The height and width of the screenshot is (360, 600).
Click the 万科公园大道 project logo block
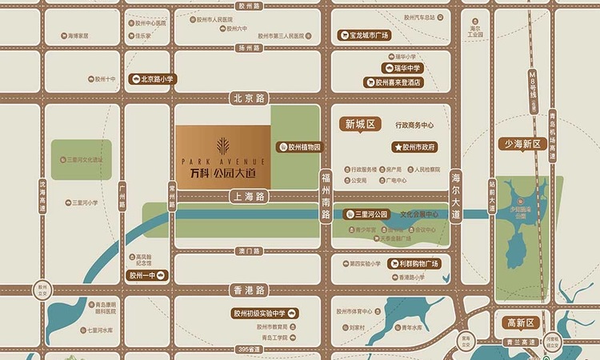point(223,157)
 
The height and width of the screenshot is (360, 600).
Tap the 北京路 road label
point(248,98)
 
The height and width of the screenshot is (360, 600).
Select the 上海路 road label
point(248,195)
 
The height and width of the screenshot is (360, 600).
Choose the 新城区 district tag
point(360,124)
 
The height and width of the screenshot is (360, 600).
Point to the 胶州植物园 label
point(299,147)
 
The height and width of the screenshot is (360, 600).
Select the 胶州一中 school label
point(147,275)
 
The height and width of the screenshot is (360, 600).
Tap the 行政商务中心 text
point(414,126)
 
